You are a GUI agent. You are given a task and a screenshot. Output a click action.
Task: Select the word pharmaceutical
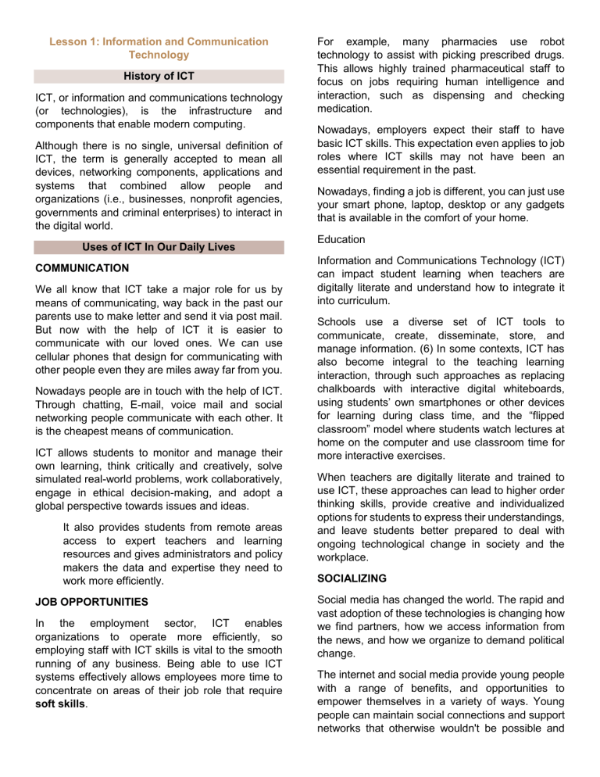pyautogui.click(x=471, y=67)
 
